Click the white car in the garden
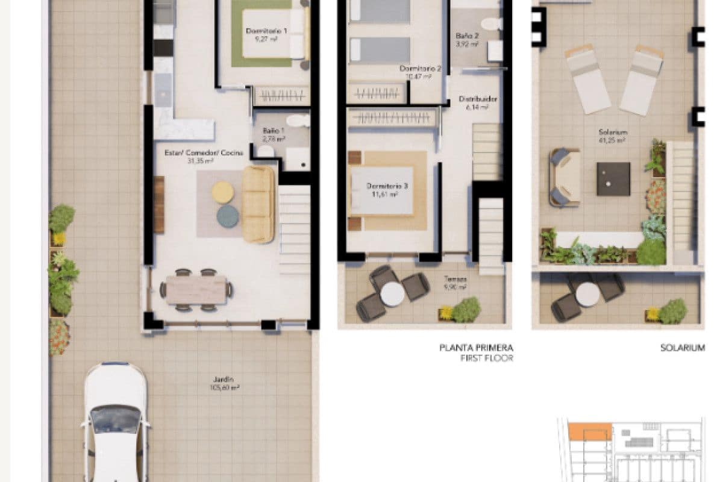[114, 422]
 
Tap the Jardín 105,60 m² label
[223, 383]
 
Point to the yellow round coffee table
[222, 192]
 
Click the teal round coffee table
[227, 216]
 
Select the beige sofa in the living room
[258, 204]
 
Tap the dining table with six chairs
[196, 290]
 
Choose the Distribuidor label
[478, 103]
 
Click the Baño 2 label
[467, 40]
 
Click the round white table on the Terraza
[392, 294]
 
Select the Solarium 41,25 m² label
[613, 136]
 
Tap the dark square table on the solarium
[613, 179]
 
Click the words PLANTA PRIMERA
[476, 348]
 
